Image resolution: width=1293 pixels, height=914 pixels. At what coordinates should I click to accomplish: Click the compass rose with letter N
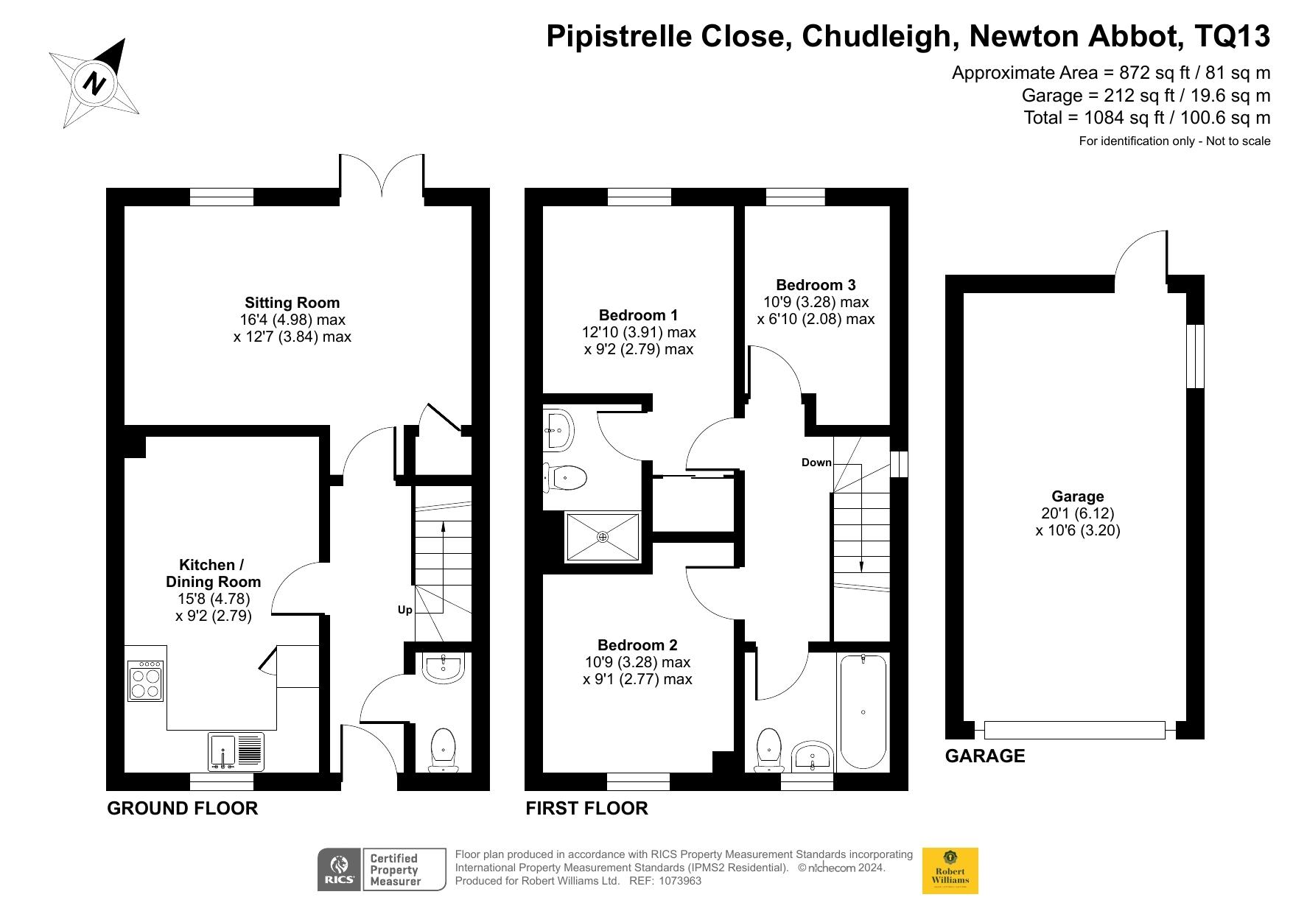pos(94,82)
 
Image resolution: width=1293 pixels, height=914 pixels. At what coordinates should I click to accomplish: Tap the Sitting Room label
pos(292,303)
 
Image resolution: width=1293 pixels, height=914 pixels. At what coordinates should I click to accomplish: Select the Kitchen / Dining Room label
pos(212,573)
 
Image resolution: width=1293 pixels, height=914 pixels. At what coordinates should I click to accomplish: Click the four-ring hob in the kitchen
pos(145,681)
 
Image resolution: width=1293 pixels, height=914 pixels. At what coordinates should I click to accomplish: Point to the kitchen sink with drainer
pos(236,752)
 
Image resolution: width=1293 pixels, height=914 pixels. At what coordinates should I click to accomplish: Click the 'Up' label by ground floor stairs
pos(404,610)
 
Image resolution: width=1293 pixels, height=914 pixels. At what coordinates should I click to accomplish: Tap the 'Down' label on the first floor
pos(816,463)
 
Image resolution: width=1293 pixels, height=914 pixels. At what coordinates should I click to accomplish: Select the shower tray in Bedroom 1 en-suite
pos(602,537)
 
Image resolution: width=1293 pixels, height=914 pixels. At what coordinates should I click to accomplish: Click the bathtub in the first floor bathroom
pos(863,711)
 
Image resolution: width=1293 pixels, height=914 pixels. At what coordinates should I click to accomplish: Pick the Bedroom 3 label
pos(816,285)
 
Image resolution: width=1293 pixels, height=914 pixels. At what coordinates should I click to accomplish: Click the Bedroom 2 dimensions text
pos(637,671)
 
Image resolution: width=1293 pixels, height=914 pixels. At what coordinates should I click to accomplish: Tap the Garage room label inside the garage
pos(1077,496)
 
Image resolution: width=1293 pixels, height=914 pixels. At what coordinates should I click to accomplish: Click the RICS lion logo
pos(340,870)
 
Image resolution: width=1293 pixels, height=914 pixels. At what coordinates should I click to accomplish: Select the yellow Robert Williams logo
pos(950,871)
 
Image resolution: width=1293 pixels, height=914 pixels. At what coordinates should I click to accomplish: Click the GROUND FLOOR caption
pos(182,808)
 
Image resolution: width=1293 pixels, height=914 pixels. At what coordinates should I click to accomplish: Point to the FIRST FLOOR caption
pos(586,808)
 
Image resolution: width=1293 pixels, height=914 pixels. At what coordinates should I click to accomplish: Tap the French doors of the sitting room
pos(382,175)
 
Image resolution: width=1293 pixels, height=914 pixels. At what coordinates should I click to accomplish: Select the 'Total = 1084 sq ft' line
pos(1146,117)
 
